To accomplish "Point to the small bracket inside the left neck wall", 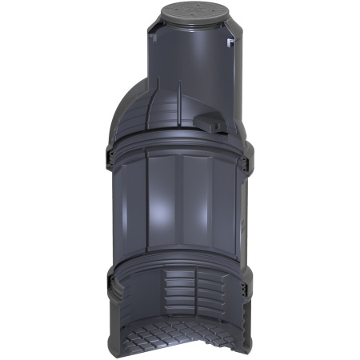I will [x=152, y=35].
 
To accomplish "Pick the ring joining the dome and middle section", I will [x=180, y=148].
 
